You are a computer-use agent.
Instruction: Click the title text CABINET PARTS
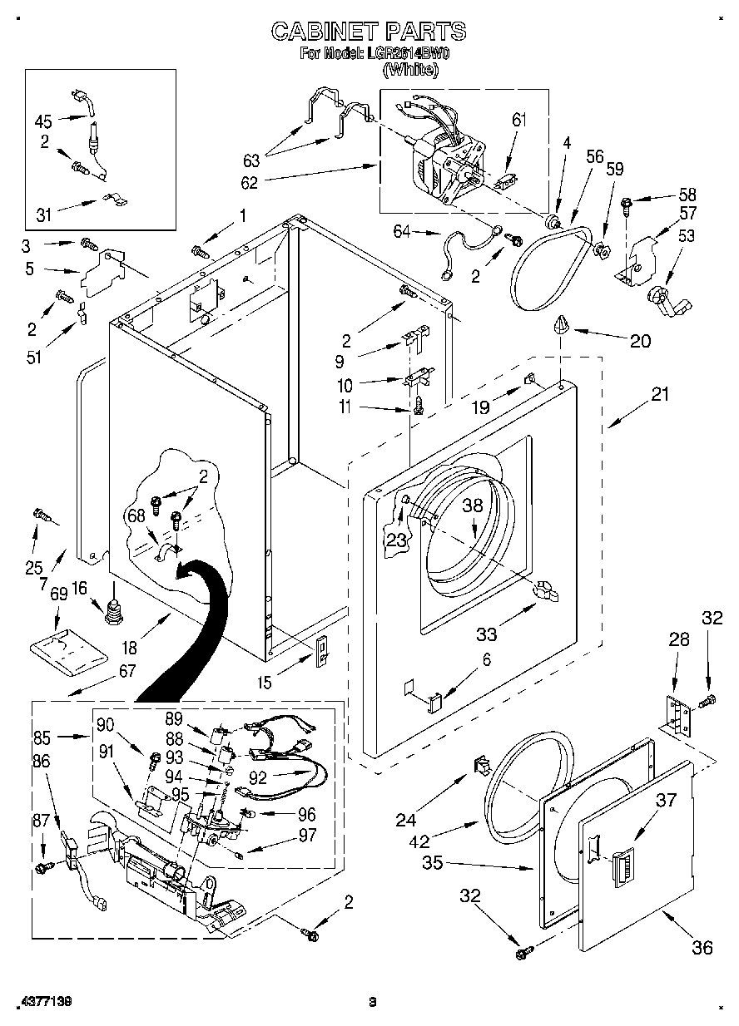[369, 32]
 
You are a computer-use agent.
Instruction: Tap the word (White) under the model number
[409, 71]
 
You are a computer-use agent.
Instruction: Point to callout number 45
[43, 121]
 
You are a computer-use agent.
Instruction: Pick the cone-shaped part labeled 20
[561, 324]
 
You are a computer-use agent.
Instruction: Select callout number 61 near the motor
[518, 121]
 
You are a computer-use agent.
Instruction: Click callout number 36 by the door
[702, 947]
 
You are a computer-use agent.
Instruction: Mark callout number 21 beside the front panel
[659, 395]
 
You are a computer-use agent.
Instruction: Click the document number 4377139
[42, 1002]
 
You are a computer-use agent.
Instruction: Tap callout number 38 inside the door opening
[473, 505]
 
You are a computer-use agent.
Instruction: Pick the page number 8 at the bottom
[373, 1002]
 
